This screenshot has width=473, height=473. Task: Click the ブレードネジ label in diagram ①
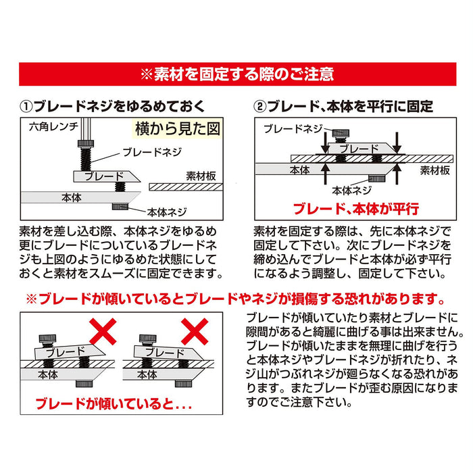[x=151, y=152]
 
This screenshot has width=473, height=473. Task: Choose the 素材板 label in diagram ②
[x=434, y=170]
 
